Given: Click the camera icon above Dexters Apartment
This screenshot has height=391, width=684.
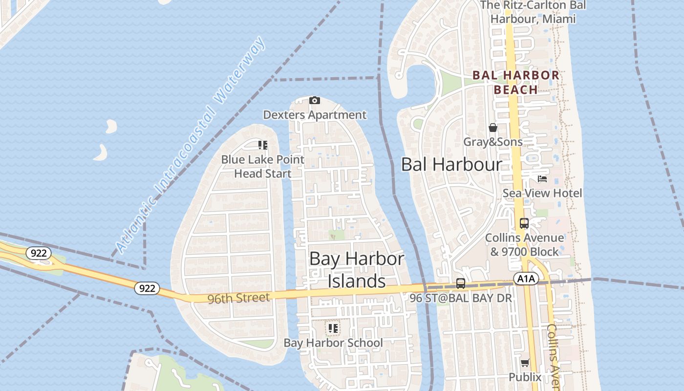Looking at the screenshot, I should pos(315,101).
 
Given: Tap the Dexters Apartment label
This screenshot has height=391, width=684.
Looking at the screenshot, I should pos(315,115).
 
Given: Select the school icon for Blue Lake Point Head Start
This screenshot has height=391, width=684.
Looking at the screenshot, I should pos(263,145).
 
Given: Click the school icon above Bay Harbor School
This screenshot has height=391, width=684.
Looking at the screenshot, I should pos(333,328).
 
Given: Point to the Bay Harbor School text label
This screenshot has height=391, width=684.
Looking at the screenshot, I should pos(333,343).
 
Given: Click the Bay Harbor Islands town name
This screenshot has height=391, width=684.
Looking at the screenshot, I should pos(357,270).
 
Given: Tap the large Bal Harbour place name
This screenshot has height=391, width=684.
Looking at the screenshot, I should pos(451,165).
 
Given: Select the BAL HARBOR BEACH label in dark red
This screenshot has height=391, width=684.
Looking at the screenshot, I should pos(516,82).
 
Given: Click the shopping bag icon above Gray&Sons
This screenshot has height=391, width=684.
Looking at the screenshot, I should pos(493,128).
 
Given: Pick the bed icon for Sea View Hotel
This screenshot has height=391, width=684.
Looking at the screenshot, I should pos(542,179).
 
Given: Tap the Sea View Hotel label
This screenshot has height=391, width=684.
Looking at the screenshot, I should pos(542,193).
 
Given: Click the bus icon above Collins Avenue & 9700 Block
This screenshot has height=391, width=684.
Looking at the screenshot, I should pos(524,223).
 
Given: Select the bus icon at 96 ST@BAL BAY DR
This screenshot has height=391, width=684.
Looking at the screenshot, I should pos(460,283).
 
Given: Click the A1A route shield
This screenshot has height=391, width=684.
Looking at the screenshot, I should pos(526,279).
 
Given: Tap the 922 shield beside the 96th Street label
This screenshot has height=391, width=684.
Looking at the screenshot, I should pos(147,288).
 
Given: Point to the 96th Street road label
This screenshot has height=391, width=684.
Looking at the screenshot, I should pos(238,298).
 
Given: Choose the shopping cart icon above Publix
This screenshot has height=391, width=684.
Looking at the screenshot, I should pos(525,363).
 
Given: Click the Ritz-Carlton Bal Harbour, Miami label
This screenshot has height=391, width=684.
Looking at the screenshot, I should pos(533,12).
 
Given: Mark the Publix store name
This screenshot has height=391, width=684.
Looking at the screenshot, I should pos(525,377).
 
